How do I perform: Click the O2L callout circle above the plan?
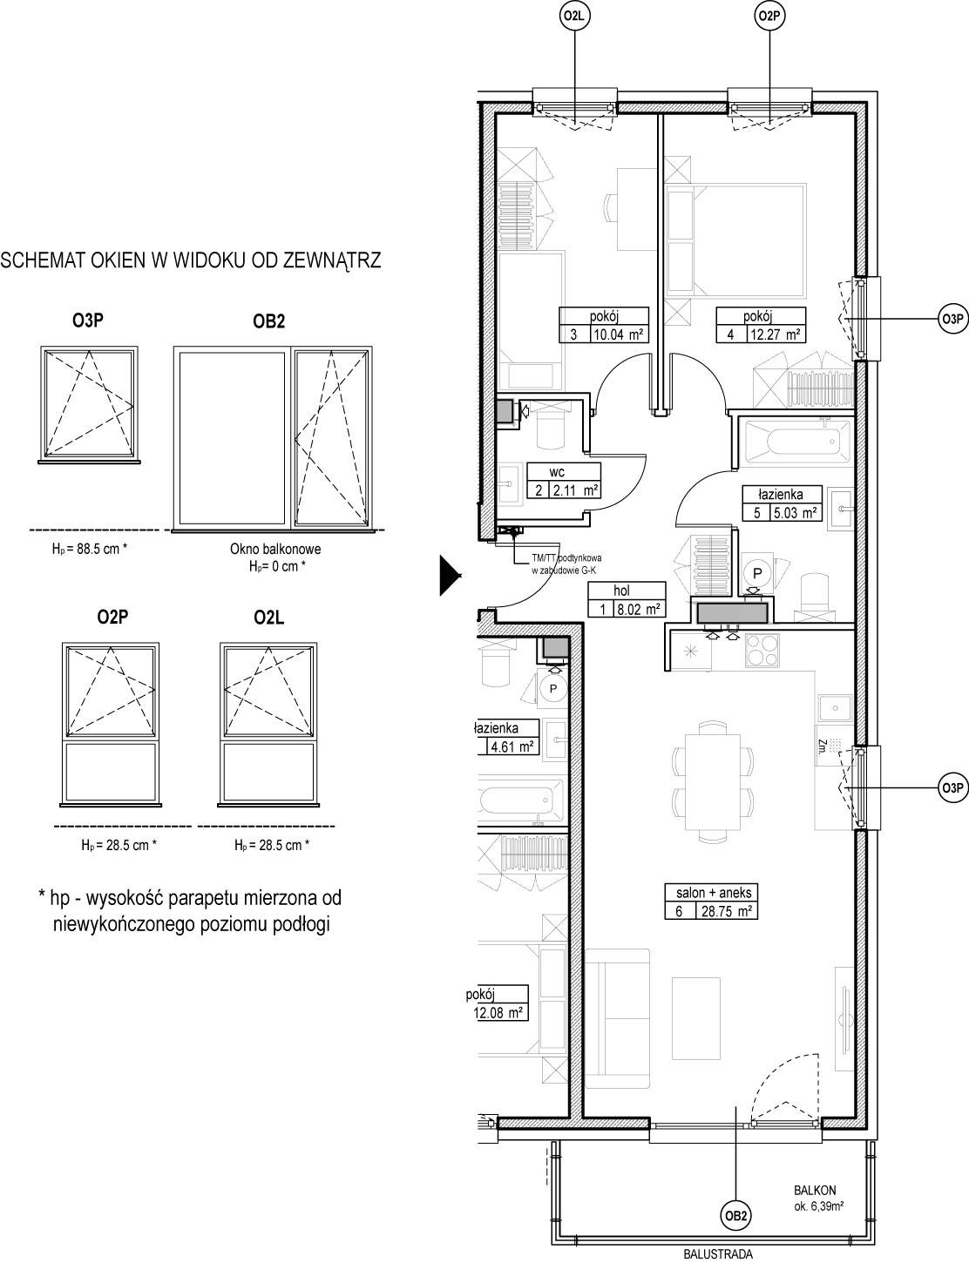tap(575, 17)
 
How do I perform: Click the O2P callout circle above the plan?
tap(770, 17)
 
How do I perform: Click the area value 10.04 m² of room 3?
tap(619, 334)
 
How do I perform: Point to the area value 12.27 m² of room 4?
tap(776, 334)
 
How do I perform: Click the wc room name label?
tap(556, 472)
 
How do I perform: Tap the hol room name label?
tap(621, 591)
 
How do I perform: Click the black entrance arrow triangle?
tap(451, 576)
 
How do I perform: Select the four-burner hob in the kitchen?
tap(762, 650)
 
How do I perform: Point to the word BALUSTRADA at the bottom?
tap(718, 1253)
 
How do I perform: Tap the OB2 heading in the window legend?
tap(269, 321)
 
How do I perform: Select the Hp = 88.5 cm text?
tap(90, 548)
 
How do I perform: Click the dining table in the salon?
tap(714, 781)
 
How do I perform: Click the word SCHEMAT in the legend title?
tap(43, 260)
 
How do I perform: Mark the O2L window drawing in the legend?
tap(268, 724)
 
